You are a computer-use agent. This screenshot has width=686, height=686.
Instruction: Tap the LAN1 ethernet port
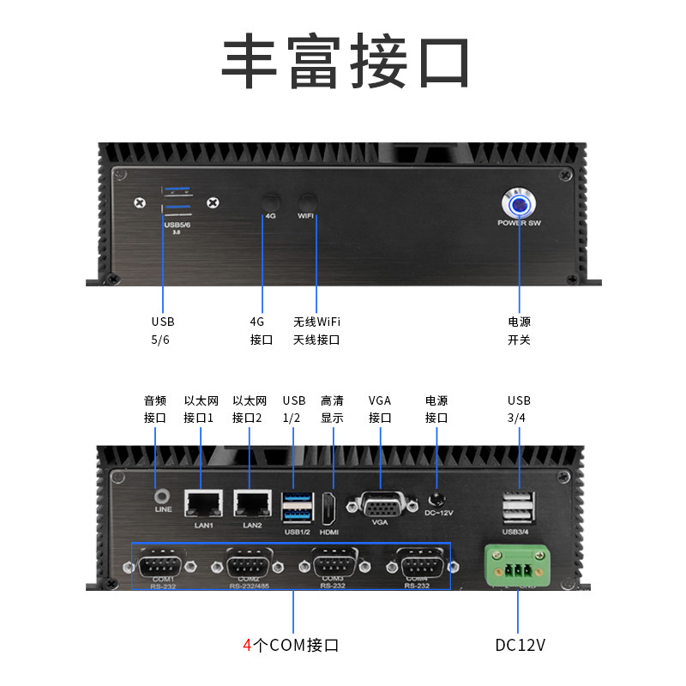pos(204,504)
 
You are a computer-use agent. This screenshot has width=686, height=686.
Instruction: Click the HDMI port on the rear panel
pos(330,508)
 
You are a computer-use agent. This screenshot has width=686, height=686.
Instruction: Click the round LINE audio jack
pos(161,496)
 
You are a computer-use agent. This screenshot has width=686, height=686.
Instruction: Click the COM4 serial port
pos(418,566)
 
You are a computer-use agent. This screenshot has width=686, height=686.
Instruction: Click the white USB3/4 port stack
pos(517,508)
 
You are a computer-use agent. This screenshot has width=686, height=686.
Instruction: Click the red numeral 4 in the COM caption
pos(247,645)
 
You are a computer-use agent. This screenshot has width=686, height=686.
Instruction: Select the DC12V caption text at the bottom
pos(520,645)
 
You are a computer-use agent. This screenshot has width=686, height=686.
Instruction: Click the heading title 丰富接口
pos(346,63)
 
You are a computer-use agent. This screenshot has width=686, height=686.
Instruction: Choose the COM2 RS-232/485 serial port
pos(249,566)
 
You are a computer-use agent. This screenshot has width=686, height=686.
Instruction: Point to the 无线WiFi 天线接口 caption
pos(316,331)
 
